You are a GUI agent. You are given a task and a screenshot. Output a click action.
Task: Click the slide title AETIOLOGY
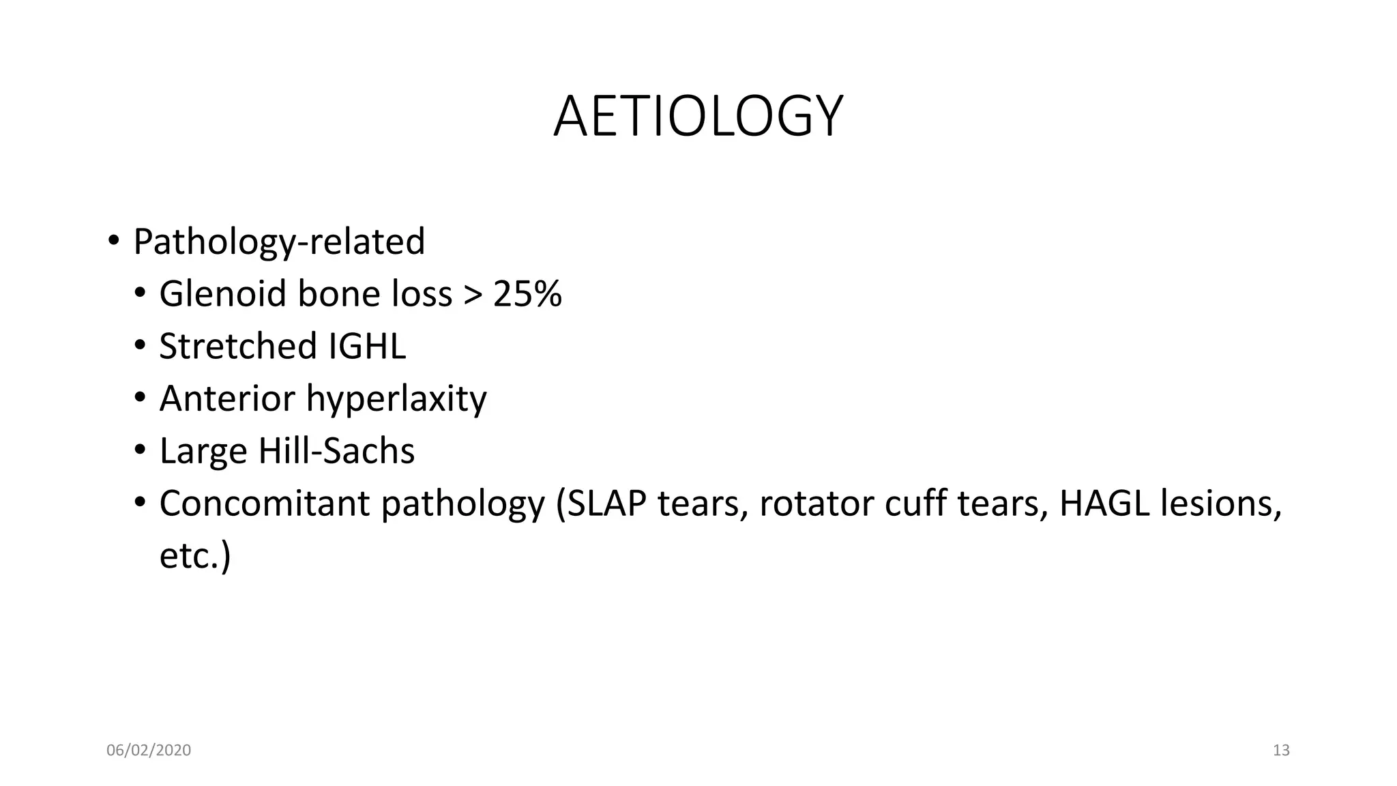pyautogui.click(x=698, y=117)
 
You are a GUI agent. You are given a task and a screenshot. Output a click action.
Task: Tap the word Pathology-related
pyautogui.click(x=279, y=242)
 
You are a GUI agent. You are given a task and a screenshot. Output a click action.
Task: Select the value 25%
pyautogui.click(x=527, y=294)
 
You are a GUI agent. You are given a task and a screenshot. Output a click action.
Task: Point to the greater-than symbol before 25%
pyautogui.click(x=472, y=295)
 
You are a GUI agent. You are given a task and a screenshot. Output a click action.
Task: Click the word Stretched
pyautogui.click(x=238, y=346)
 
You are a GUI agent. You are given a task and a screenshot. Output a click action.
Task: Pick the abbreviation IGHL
pyautogui.click(x=367, y=346)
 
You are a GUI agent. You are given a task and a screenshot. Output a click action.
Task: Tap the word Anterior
pyautogui.click(x=227, y=398)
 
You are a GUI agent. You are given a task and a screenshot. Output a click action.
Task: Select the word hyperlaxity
pyautogui.click(x=396, y=400)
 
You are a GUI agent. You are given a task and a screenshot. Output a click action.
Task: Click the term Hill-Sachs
pyautogui.click(x=336, y=451)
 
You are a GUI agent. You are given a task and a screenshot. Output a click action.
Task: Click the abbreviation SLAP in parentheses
pyautogui.click(x=607, y=504)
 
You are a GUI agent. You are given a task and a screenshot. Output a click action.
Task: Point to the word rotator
pyautogui.click(x=816, y=504)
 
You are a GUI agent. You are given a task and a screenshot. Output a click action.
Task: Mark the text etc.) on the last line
pyautogui.click(x=195, y=556)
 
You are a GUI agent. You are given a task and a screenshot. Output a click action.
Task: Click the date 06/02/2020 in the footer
pyautogui.click(x=149, y=751)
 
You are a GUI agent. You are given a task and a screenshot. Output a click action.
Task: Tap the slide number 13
pyautogui.click(x=1281, y=751)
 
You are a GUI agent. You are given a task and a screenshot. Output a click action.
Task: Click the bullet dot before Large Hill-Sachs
pyautogui.click(x=140, y=450)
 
